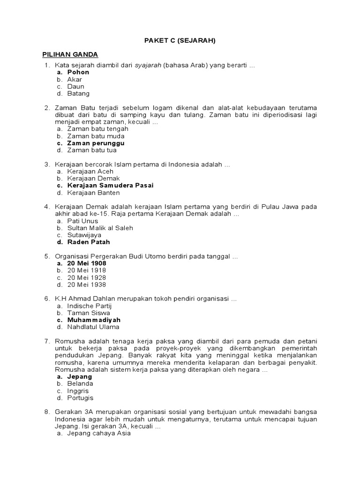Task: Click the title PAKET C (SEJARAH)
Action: tap(180, 40)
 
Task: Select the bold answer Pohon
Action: tap(78, 72)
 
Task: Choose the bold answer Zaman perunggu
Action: tap(96, 143)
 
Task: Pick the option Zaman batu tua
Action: tap(92, 150)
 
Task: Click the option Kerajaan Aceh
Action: tap(90, 171)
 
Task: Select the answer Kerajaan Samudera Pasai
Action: tap(110, 185)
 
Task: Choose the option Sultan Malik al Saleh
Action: tap(100, 228)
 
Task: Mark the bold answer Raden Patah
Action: tap(89, 242)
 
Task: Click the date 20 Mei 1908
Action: tap(87, 263)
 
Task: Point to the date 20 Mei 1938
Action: tap(87, 285)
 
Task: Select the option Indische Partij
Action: tap(90, 306)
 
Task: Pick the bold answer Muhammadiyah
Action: tap(94, 320)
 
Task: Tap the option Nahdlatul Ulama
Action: tap(93, 327)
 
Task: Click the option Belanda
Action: tap(80, 383)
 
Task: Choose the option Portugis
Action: tap(81, 398)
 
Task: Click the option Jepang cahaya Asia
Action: tap(99, 434)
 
